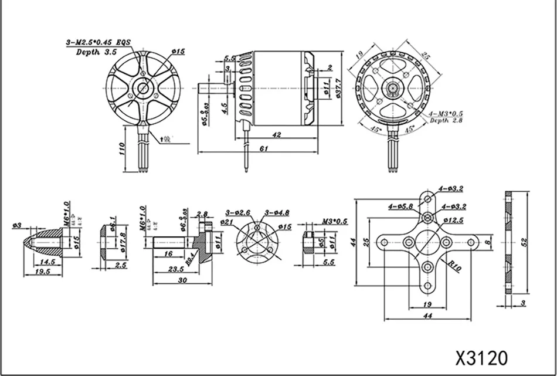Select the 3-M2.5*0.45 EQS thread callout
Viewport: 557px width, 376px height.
(98, 42)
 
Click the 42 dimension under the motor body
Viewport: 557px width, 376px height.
(277, 134)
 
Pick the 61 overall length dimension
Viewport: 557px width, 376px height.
(263, 149)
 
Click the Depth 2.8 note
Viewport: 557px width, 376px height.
(447, 120)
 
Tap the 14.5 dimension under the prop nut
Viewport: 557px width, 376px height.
(47, 262)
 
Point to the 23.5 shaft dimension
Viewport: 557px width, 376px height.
(175, 269)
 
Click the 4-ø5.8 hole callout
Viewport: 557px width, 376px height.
(400, 206)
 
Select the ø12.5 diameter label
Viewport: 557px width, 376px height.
(453, 220)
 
